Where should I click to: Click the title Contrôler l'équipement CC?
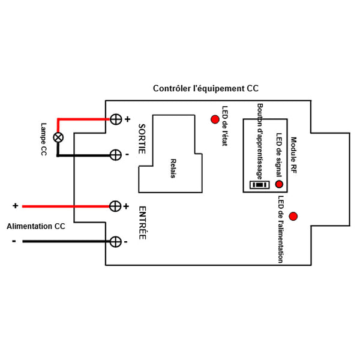click(x=206, y=88)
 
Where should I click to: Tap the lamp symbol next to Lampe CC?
click(x=58, y=137)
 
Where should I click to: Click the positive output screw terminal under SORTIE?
click(x=116, y=119)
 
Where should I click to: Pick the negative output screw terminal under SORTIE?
click(x=116, y=155)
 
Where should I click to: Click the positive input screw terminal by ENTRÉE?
click(x=115, y=206)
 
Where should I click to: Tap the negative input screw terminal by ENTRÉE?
click(x=116, y=241)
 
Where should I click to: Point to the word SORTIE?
click(x=142, y=139)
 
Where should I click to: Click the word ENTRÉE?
click(x=142, y=224)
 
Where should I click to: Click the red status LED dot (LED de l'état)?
click(x=214, y=119)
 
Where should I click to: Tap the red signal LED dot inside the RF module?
click(x=279, y=184)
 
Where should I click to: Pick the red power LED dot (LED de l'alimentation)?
click(x=293, y=216)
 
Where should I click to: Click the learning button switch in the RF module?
click(x=259, y=185)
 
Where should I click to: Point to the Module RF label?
click(x=294, y=155)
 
